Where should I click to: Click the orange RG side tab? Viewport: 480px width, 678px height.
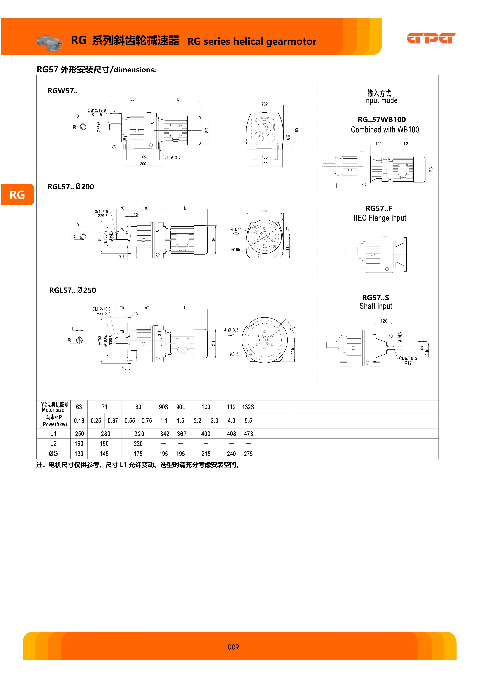[17, 195]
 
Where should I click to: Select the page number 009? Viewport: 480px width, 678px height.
[233, 647]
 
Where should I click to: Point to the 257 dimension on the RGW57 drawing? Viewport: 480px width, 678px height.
[133, 99]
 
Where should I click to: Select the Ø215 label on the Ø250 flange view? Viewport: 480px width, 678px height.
[234, 354]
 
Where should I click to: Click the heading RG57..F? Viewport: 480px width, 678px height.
[379, 208]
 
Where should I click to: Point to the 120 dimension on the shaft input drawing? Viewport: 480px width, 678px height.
[384, 321]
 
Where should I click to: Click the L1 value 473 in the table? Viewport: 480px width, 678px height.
[248, 434]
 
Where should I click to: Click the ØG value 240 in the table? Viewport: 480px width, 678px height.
[231, 454]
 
